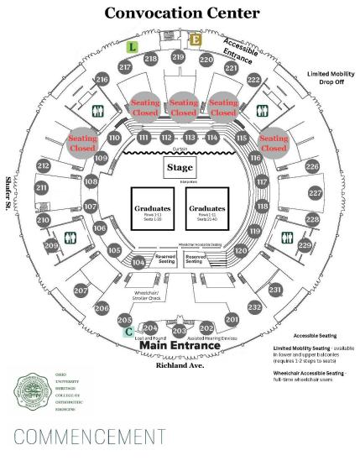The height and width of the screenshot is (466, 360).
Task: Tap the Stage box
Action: pos(180,168)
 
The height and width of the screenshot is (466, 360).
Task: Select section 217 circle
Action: pos(126,67)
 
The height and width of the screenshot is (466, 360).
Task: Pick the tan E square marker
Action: pos(195,39)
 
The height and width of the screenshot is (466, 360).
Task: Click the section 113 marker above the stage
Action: pos(190,138)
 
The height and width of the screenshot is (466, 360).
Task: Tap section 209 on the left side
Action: pos(51,245)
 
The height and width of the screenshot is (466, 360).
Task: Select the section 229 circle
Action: pos(305,245)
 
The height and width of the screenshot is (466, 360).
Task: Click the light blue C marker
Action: pos(128,332)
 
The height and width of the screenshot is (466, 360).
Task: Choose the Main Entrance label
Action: pos(180,345)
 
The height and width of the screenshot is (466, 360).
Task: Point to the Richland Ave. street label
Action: pos(180,365)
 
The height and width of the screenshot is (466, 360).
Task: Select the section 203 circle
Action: pos(178,331)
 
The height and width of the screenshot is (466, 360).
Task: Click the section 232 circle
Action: pos(255,307)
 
